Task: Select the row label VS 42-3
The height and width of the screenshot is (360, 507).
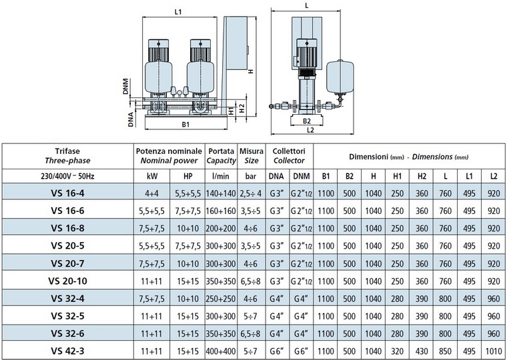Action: [67, 351]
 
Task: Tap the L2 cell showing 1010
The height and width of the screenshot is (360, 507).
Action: [493, 351]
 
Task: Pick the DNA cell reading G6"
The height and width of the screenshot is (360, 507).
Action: [276, 351]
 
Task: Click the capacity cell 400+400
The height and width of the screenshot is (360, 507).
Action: [219, 351]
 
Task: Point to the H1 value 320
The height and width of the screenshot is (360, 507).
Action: [397, 351]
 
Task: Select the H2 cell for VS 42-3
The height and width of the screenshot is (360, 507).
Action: [422, 351]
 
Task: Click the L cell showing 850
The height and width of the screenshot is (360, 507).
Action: [445, 351]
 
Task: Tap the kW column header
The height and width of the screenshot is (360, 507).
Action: [151, 176]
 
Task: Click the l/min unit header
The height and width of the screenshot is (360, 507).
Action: [219, 176]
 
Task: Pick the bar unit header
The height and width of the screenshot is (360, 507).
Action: [251, 176]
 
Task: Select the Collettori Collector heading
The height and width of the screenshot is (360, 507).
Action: [289, 155]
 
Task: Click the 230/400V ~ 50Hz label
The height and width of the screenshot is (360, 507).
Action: [67, 176]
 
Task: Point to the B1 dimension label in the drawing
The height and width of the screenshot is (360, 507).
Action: [186, 124]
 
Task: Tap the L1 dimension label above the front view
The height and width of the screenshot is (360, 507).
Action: [177, 11]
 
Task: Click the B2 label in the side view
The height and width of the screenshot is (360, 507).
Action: [306, 121]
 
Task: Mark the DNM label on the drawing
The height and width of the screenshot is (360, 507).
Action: [127, 87]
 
